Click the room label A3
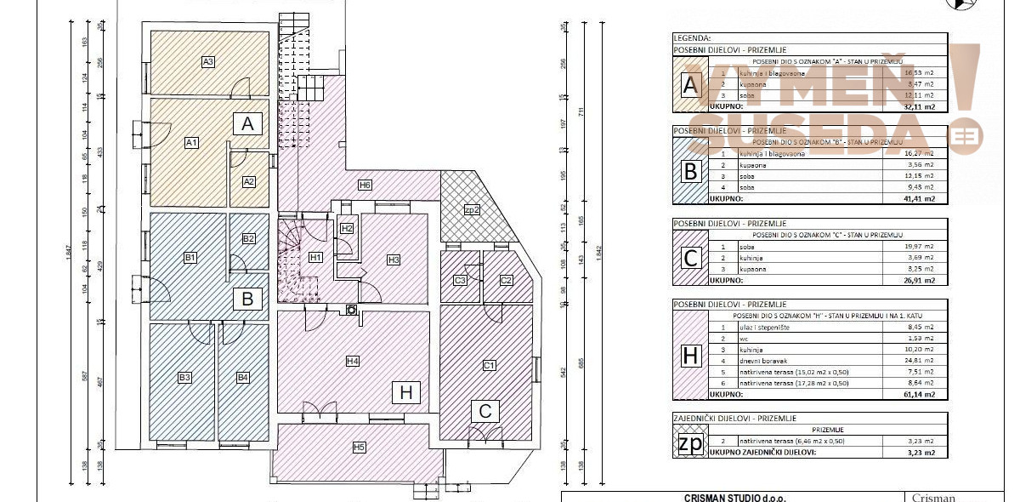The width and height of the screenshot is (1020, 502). [207, 61]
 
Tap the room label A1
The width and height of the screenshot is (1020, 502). [192, 143]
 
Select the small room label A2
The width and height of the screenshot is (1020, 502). [249, 181]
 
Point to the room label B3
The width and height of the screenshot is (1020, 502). [184, 377]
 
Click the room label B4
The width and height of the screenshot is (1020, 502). [243, 377]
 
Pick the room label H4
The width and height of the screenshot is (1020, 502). [353, 361]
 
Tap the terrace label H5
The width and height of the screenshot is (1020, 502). [360, 447]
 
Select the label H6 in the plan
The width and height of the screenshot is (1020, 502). [365, 185]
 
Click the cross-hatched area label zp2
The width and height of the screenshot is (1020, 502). [473, 209]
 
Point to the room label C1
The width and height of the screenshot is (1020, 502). [489, 366]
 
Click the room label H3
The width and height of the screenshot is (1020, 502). [393, 260]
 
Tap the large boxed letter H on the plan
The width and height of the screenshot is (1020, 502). [406, 392]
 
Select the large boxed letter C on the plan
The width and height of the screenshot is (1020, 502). [485, 412]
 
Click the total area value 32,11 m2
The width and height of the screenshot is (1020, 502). [918, 107]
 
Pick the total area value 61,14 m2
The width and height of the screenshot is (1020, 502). [918, 394]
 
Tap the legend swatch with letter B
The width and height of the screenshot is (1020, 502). [690, 171]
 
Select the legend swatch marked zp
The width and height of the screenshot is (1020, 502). [690, 444]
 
